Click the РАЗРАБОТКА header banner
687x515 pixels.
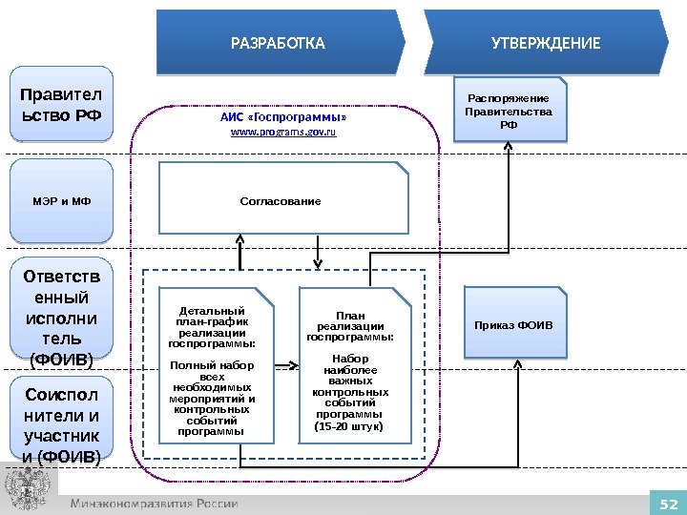[279, 43]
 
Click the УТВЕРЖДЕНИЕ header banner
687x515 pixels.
[545, 43]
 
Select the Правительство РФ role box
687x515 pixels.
[61, 104]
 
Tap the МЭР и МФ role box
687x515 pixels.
[61, 201]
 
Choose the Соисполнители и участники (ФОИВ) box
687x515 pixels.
[61, 424]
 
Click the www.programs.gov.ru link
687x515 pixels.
[283, 132]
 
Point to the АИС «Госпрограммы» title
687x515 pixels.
[283, 116]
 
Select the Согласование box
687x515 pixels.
[281, 200]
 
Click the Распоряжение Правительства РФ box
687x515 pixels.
[508, 112]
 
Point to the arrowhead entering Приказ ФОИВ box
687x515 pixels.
[516, 363]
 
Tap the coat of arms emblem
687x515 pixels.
[28, 489]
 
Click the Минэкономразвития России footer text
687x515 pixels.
[153, 503]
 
